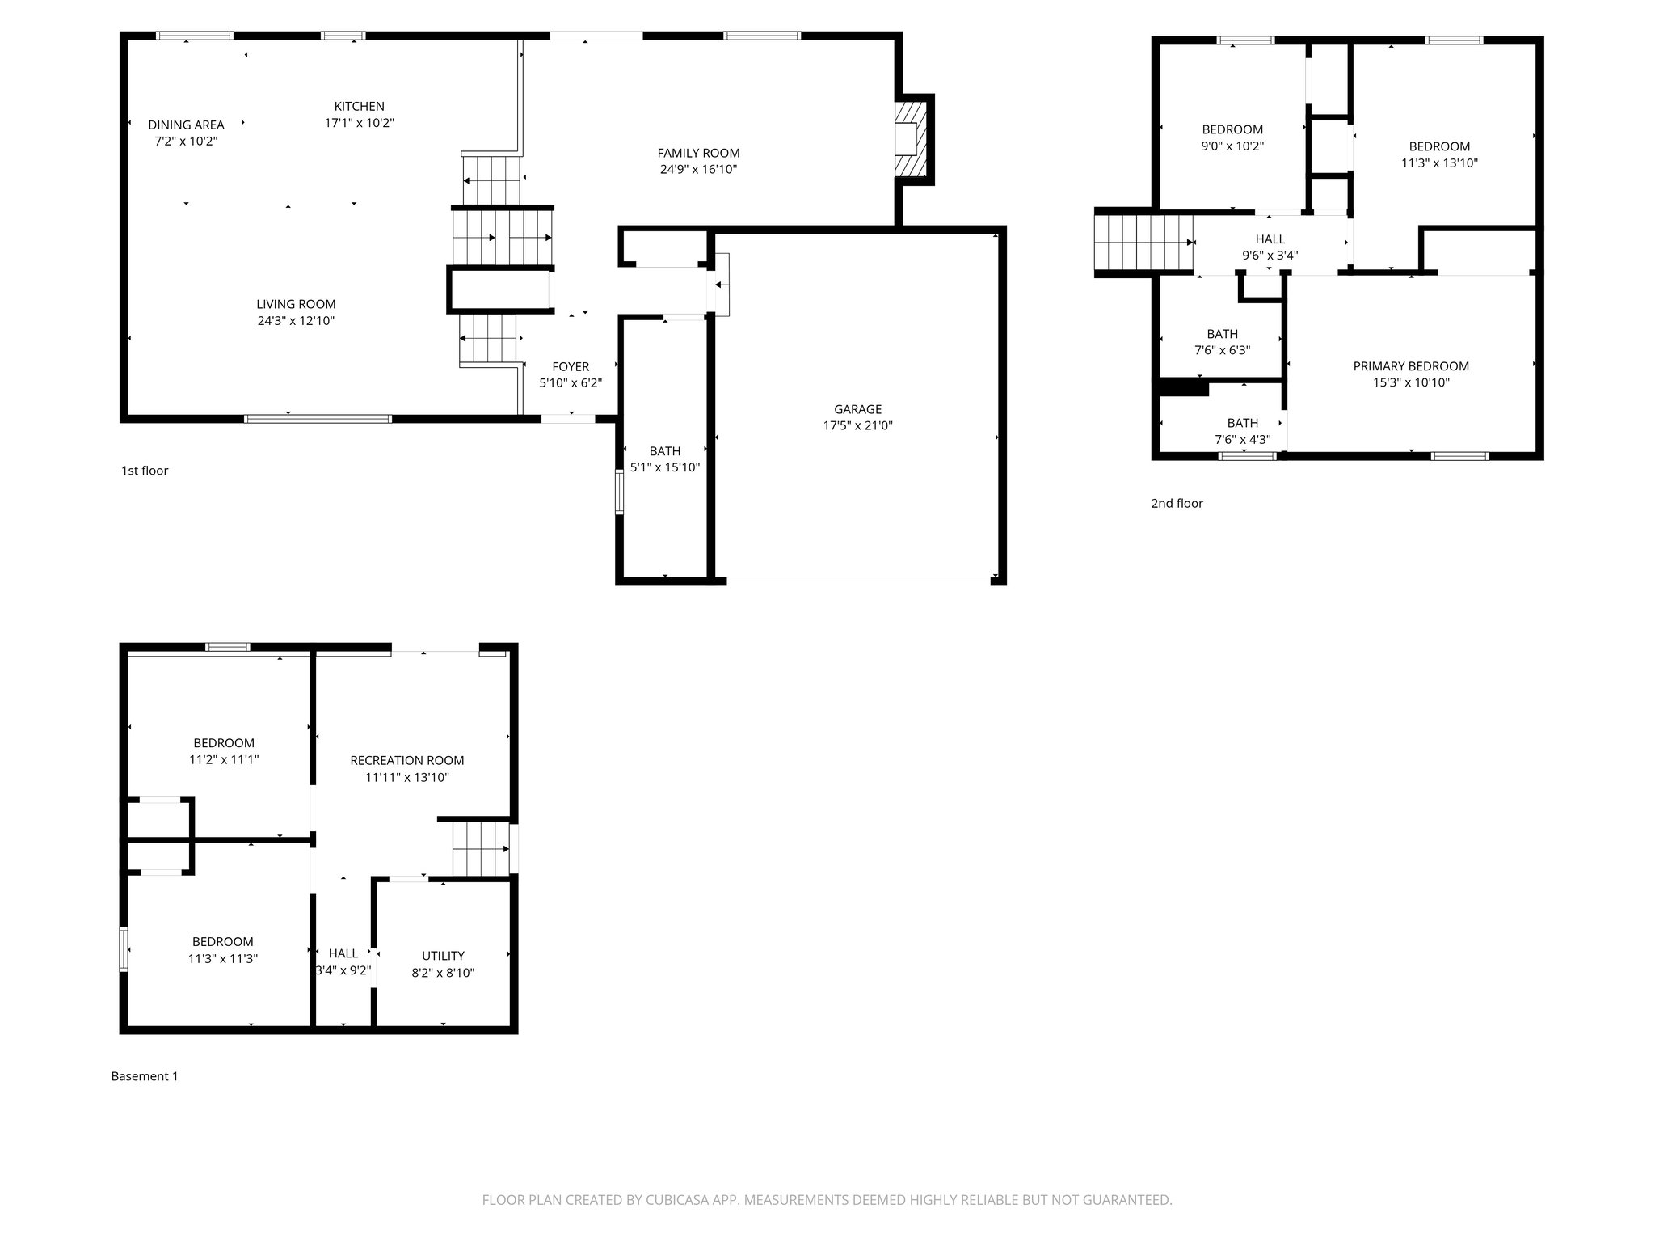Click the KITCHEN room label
[360, 107]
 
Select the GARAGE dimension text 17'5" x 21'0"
[857, 426]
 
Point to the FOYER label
[571, 367]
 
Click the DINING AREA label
[186, 125]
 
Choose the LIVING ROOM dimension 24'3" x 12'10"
[296, 321]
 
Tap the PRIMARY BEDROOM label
[1411, 366]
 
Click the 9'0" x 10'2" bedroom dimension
[1232, 146]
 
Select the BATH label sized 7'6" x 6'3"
[1222, 334]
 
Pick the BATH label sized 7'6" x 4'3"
[1242, 423]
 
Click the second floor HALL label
[1270, 239]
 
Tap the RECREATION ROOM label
[406, 760]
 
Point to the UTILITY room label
[443, 956]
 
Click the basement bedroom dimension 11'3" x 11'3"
[222, 959]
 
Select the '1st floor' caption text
[145, 471]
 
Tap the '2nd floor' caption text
[1177, 504]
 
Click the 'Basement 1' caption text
[144, 1076]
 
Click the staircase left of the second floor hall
[1143, 242]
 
